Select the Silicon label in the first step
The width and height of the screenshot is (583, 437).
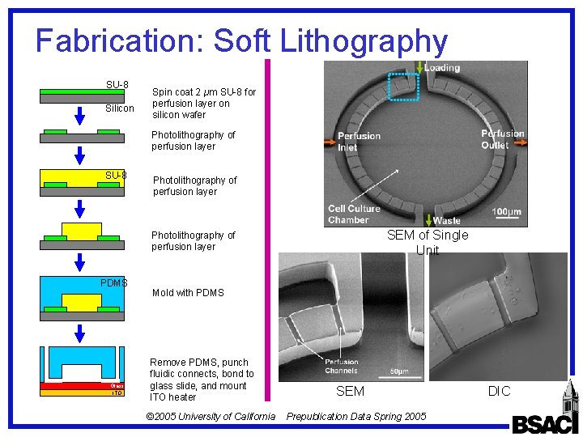120,108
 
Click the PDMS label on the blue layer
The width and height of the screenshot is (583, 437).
114,283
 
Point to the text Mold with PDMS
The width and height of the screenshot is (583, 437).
188,293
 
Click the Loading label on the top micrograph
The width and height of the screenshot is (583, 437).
441,68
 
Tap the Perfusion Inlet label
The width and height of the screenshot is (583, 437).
359,142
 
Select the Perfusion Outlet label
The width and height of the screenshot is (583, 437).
502,139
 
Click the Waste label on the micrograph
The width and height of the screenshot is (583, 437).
446,220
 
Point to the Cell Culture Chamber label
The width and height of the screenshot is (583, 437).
354,214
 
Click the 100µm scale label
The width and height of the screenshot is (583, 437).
506,211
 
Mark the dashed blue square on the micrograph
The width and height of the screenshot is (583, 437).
403,87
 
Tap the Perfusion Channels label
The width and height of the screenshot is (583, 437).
342,367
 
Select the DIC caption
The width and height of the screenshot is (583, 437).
499,392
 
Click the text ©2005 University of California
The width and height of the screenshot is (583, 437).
211,417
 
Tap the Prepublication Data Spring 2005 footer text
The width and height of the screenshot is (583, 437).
357,417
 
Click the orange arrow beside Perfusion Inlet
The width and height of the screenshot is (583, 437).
330,143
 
